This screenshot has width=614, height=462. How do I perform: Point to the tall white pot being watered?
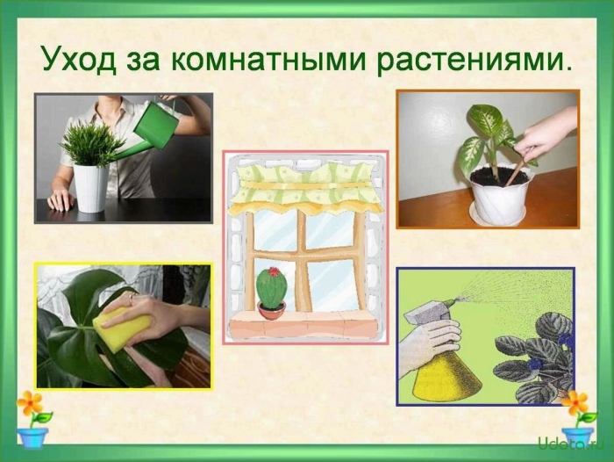pyautogui.click(x=90, y=186)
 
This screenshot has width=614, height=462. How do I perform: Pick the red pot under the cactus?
pyautogui.click(x=272, y=310)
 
